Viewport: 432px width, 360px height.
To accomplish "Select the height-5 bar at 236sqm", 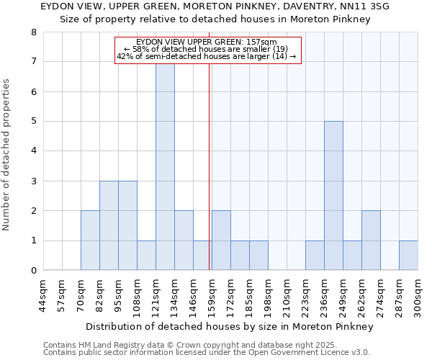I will [x=333, y=196].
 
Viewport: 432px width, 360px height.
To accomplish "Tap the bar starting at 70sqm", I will [x=90, y=240].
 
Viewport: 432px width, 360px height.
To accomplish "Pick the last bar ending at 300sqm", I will [x=408, y=256].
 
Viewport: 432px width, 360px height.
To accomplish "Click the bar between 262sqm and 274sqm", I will [x=371, y=240].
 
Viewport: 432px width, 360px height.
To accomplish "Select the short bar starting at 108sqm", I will [x=146, y=256].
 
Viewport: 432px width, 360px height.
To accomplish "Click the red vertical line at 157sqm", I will [x=210, y=180].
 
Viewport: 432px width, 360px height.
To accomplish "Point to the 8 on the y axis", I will [x=33, y=32].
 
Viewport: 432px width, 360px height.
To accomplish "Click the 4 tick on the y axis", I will [x=33, y=151].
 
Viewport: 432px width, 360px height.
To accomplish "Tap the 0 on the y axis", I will [x=33, y=271].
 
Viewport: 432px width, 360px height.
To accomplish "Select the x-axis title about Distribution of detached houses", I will [x=229, y=327].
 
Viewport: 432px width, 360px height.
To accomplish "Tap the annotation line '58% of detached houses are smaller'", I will [x=207, y=49].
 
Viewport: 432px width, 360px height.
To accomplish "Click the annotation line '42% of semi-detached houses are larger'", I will [x=207, y=56].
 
